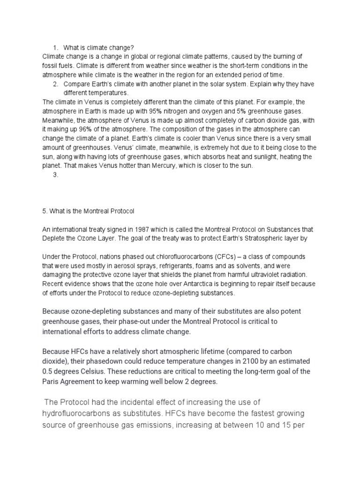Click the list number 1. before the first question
tap(55, 47)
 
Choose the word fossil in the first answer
tap(50, 66)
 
